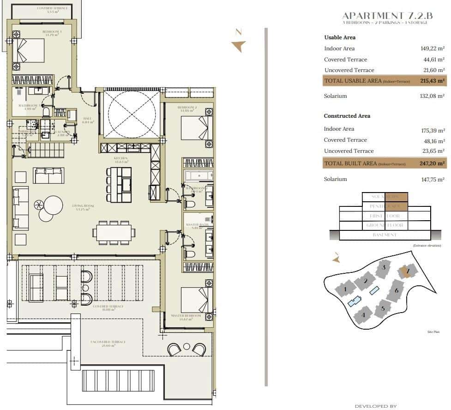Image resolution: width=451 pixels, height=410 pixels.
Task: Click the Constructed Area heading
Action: tap(347, 116)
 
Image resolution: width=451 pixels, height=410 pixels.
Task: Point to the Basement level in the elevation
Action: tap(385, 235)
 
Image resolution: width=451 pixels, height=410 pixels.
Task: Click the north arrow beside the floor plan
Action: tap(239, 44)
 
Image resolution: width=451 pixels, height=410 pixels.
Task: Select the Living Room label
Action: tap(83, 206)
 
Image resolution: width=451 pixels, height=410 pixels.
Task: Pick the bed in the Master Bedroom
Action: tap(196, 300)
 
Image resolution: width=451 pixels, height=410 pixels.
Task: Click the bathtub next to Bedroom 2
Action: tap(198, 175)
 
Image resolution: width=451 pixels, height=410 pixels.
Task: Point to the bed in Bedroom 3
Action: tap(29, 50)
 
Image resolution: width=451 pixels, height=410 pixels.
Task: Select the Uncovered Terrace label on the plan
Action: tap(109, 342)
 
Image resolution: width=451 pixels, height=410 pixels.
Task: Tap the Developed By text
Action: tap(376, 406)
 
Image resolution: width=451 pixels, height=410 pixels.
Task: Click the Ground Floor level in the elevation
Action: tap(385, 225)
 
